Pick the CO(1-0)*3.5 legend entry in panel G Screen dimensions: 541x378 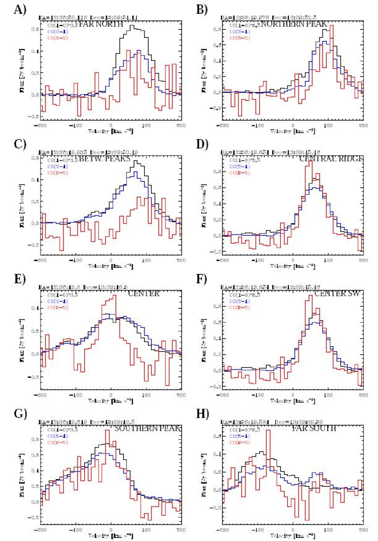click(x=58, y=429)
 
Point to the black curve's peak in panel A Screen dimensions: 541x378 click(x=131, y=26)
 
